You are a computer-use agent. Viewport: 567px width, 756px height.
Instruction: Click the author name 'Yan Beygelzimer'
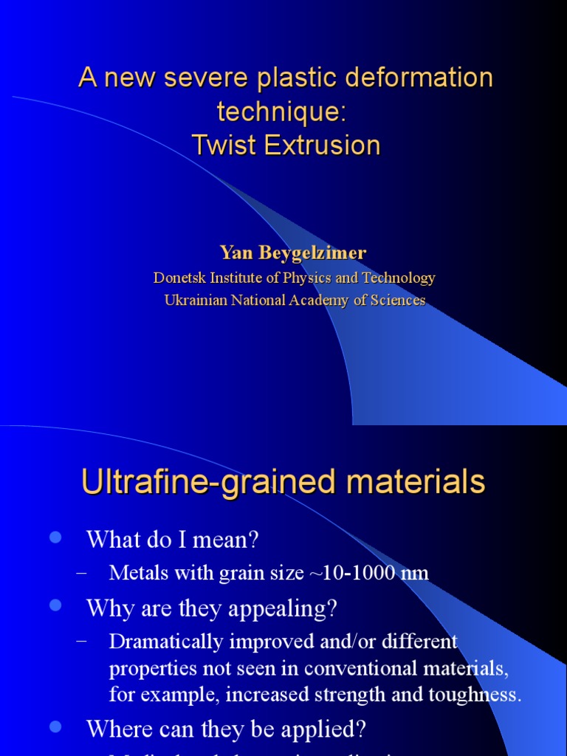(x=293, y=253)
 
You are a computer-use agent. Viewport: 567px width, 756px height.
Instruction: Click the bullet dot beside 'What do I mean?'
(x=54, y=538)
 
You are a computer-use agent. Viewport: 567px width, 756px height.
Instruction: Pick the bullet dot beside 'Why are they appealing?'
(x=54, y=606)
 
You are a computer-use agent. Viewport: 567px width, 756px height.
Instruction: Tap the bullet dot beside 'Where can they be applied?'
(x=54, y=728)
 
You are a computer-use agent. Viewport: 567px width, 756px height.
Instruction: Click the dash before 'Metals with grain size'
(x=82, y=573)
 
